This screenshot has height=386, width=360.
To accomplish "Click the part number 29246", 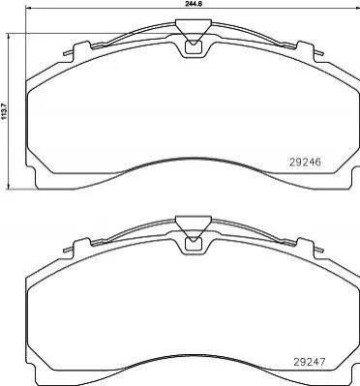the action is tap(305, 162).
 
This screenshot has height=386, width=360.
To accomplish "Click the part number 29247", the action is tap(310, 362).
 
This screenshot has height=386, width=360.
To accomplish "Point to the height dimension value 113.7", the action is tap(4, 110).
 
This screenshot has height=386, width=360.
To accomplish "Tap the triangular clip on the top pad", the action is tap(194, 31).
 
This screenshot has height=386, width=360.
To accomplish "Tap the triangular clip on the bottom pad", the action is tap(194, 227).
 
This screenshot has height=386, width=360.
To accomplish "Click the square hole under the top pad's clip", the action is tap(194, 47).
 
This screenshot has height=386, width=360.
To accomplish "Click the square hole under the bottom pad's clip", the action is tap(194, 244).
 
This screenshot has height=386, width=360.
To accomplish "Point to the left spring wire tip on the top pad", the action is tap(66, 53).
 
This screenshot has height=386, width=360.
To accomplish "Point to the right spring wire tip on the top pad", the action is tap(321, 53).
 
